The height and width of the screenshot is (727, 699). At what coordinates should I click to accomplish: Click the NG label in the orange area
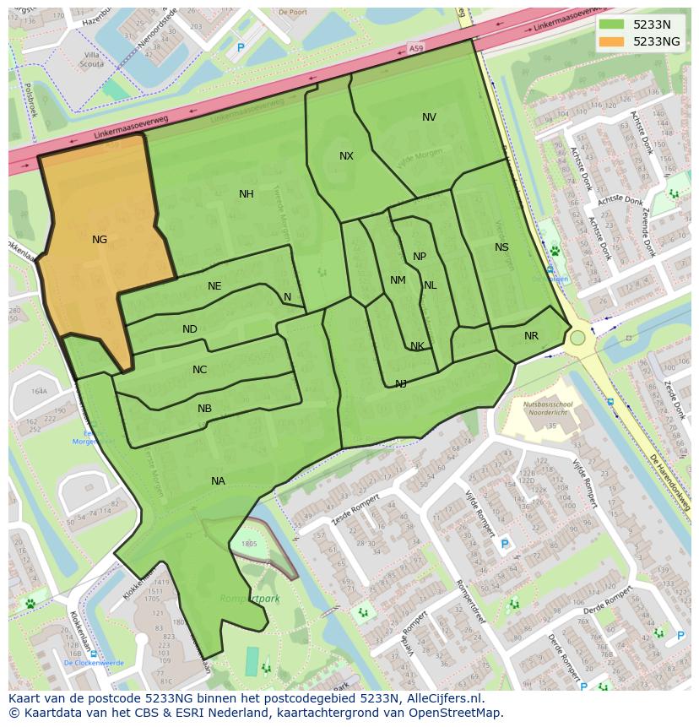pyautogui.click(x=100, y=240)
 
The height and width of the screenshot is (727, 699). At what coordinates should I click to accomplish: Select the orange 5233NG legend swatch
pyautogui.click(x=614, y=41)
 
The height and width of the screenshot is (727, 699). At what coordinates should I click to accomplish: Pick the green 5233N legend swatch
pyautogui.click(x=614, y=24)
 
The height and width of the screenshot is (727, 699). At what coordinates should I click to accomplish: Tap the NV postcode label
pyautogui.click(x=429, y=117)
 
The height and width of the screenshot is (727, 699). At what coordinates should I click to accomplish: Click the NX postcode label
pyautogui.click(x=346, y=156)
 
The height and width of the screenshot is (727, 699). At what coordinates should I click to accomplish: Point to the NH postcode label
pyautogui.click(x=246, y=194)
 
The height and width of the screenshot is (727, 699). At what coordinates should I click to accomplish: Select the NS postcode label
pyautogui.click(x=501, y=247)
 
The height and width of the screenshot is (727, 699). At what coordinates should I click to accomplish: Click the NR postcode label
pyautogui.click(x=531, y=336)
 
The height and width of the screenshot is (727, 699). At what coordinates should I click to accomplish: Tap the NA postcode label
pyautogui.click(x=218, y=481)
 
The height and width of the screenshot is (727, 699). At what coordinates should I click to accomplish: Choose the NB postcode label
pyautogui.click(x=204, y=409)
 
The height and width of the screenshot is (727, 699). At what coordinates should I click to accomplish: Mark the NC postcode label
pyautogui.click(x=199, y=370)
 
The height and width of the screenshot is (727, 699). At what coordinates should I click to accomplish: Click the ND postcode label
pyautogui.click(x=190, y=329)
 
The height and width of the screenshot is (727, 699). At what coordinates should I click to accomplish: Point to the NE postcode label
pyautogui.click(x=214, y=286)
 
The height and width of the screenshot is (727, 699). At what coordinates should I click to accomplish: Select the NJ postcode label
pyautogui.click(x=401, y=384)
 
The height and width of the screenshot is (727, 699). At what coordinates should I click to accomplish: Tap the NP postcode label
pyautogui.click(x=420, y=257)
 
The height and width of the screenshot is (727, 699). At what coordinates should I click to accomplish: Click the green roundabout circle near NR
pyautogui.click(x=577, y=338)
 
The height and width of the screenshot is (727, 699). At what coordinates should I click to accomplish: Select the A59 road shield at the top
pyautogui.click(x=416, y=51)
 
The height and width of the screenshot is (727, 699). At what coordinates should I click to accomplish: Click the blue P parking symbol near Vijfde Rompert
pyautogui.click(x=505, y=544)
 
